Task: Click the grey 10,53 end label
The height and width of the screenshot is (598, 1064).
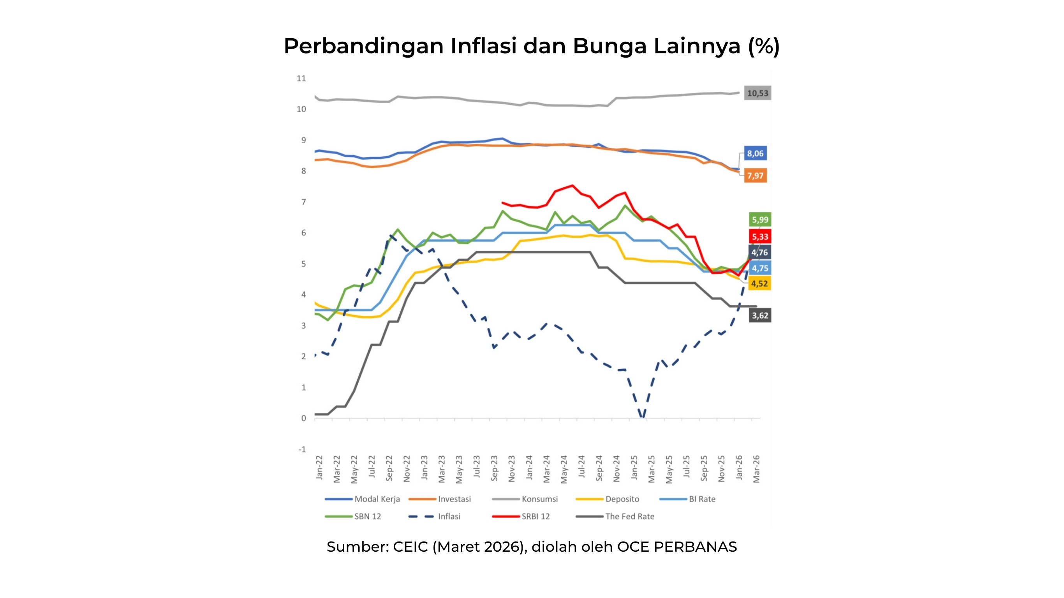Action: (x=757, y=93)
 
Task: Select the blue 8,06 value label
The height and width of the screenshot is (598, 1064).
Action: (x=755, y=154)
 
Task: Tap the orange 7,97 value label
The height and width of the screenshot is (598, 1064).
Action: (x=755, y=176)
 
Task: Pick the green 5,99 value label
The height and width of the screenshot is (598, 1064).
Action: (x=759, y=220)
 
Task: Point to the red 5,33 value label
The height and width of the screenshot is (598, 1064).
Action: (x=759, y=237)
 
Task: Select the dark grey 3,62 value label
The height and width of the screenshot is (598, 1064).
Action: (x=759, y=316)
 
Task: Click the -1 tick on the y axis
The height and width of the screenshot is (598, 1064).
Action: (x=302, y=449)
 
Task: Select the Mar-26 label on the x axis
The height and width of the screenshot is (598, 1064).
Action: (x=756, y=469)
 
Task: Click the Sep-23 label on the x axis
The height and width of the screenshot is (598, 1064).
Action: (x=494, y=468)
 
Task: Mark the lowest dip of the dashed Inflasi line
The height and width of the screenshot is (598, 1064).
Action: (x=642, y=417)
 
